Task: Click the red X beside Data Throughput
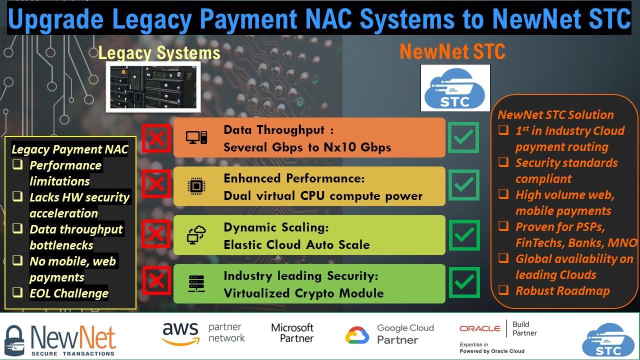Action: tap(156, 138)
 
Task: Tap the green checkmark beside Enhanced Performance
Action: tap(463, 185)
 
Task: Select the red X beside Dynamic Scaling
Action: tap(156, 233)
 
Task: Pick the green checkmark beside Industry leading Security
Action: tap(463, 282)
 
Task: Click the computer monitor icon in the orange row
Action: tap(196, 137)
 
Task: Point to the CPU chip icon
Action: tap(196, 186)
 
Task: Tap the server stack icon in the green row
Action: tap(196, 283)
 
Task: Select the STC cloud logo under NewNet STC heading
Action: tap(455, 88)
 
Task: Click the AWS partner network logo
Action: tap(203, 333)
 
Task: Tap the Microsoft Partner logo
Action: tap(292, 333)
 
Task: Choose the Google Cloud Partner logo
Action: tap(389, 334)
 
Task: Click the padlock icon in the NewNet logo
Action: tap(14, 340)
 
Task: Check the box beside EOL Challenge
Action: tap(18, 293)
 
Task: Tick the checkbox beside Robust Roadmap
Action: tap(504, 290)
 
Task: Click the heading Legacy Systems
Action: tap(159, 52)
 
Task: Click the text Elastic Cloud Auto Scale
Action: tap(296, 244)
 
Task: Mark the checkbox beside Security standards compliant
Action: tap(504, 162)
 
